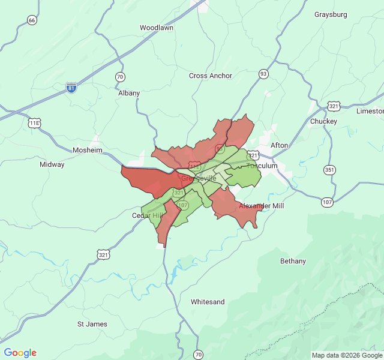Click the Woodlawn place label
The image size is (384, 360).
click(x=156, y=28)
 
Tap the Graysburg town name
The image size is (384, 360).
click(x=331, y=14)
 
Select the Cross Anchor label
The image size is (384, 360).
click(x=211, y=76)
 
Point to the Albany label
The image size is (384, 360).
click(x=129, y=93)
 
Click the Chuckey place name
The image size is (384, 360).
click(x=323, y=121)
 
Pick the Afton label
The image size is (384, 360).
click(x=280, y=145)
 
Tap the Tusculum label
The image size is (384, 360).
click(x=262, y=166)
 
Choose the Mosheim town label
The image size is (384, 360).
click(x=88, y=150)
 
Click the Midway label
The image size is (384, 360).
click(x=52, y=164)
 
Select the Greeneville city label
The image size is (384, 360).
click(x=199, y=178)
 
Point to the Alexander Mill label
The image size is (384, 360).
click(x=262, y=206)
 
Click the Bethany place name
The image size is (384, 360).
click(x=293, y=261)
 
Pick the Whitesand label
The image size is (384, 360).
click(x=208, y=302)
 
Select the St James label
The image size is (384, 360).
click(x=92, y=324)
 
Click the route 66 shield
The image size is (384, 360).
click(x=32, y=20)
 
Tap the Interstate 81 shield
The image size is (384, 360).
click(x=71, y=88)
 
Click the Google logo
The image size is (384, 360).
click(x=20, y=353)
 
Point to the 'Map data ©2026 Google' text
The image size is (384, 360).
click(x=346, y=355)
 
